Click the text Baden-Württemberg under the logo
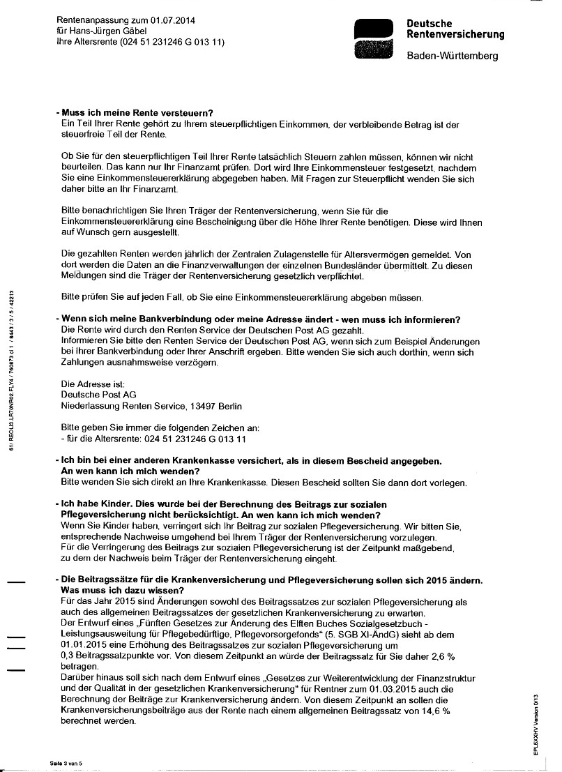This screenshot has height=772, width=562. tap(453, 56)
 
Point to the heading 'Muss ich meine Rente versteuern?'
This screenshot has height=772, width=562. tap(137, 113)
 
